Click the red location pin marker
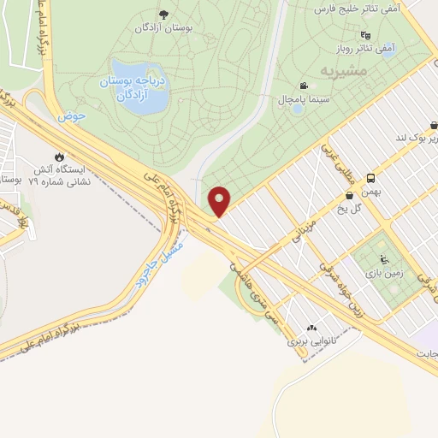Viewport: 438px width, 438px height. click(x=220, y=200)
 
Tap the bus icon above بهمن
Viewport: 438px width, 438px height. click(x=370, y=178)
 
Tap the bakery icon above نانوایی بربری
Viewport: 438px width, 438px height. click(x=311, y=326)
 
